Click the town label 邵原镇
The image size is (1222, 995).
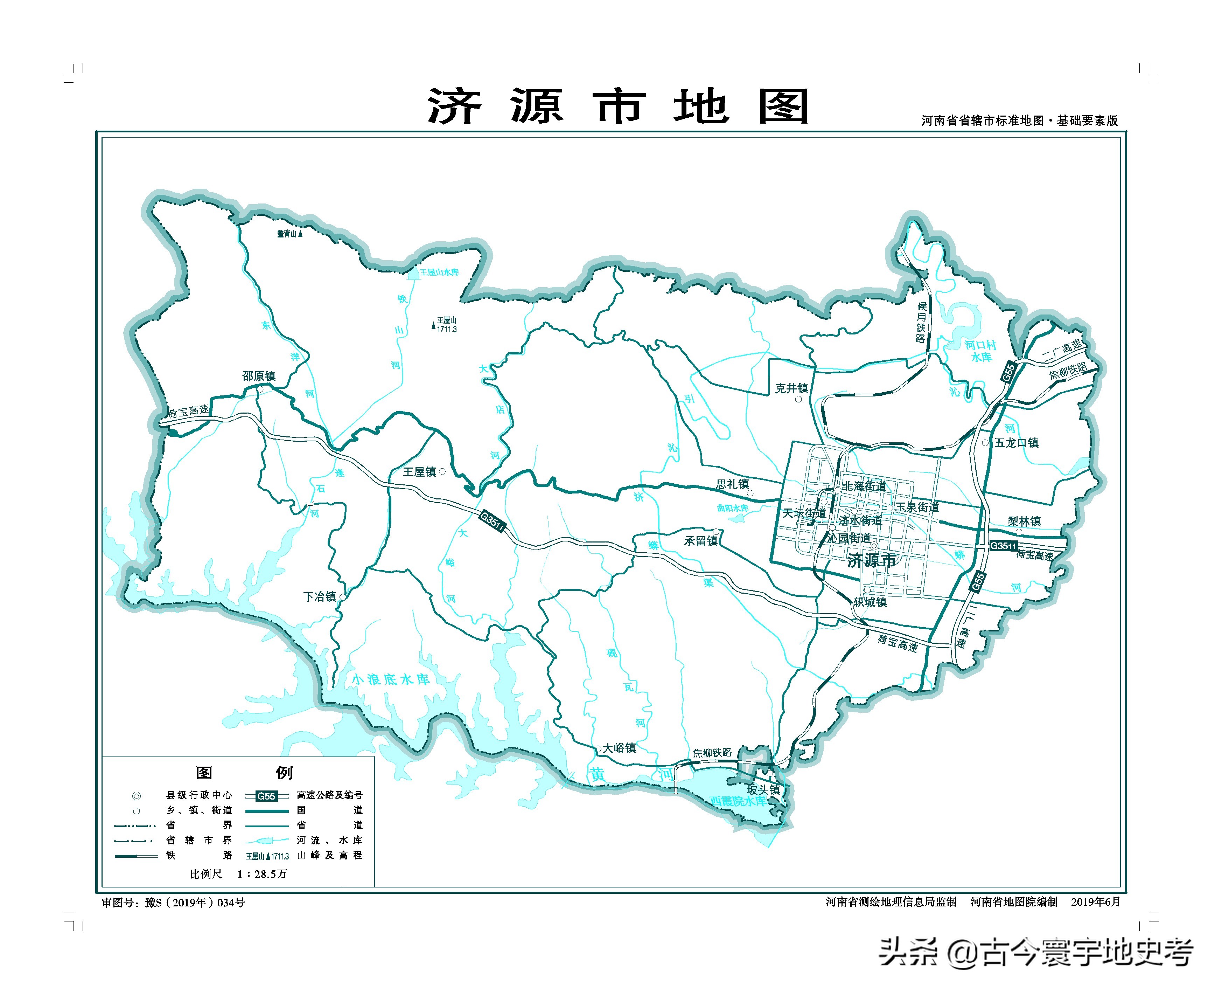click(258, 376)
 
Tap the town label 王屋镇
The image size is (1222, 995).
click(419, 472)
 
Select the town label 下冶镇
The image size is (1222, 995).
click(319, 597)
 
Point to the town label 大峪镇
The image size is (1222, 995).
click(619, 748)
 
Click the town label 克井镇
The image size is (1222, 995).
click(791, 388)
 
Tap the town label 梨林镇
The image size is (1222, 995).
click(1024, 521)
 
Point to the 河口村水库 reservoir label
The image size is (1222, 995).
click(980, 351)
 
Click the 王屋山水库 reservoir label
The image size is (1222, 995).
click(439, 272)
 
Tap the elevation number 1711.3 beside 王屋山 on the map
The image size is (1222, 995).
click(447, 330)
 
